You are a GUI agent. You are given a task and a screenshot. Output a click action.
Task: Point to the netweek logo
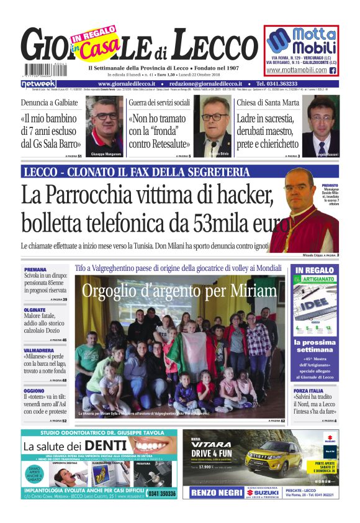click(38, 83)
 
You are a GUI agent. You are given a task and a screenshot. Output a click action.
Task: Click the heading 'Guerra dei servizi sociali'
click(159, 102)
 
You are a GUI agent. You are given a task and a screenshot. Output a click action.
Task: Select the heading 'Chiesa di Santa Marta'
click(268, 102)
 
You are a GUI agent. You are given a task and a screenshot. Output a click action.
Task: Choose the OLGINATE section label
click(35, 309)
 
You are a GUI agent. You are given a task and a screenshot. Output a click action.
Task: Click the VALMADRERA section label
click(39, 350)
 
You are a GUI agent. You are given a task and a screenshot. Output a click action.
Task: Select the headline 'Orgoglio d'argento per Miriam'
click(179, 291)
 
